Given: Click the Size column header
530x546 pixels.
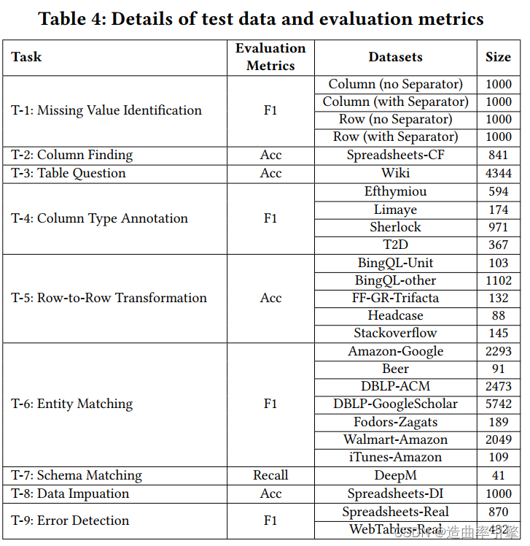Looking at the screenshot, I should pyautogui.click(x=499, y=57).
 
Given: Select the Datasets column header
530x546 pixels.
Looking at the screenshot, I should pyautogui.click(x=395, y=57).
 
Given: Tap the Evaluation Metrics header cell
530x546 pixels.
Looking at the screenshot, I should pyautogui.click(x=270, y=57).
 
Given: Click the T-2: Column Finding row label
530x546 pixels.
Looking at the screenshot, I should pyautogui.click(x=72, y=155).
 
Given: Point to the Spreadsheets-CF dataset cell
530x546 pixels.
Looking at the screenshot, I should pyautogui.click(x=395, y=155).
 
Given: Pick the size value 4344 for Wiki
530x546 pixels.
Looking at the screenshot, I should pyautogui.click(x=499, y=173).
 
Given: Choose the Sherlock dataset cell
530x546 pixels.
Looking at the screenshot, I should pyautogui.click(x=395, y=227).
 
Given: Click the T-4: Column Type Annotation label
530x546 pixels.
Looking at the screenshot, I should pyautogui.click(x=99, y=218).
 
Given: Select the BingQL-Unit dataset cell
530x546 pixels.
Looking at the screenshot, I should pyautogui.click(x=395, y=263).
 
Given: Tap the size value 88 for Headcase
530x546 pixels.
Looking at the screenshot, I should pyautogui.click(x=499, y=315).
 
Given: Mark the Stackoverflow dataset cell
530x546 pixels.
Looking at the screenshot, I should pyautogui.click(x=395, y=333).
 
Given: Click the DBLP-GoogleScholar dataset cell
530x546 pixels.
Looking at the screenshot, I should pyautogui.click(x=395, y=404).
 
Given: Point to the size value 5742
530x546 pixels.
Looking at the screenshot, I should pyautogui.click(x=499, y=404).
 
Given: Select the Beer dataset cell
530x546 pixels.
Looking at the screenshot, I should pyautogui.click(x=395, y=369).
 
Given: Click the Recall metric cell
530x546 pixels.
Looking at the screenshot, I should pyautogui.click(x=270, y=475).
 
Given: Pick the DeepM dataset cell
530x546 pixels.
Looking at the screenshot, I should pyautogui.click(x=395, y=475).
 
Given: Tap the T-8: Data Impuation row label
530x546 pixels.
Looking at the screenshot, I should pyautogui.click(x=70, y=493).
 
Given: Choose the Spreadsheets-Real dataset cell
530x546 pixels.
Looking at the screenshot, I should pyautogui.click(x=395, y=512).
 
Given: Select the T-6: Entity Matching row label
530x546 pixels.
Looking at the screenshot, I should pyautogui.click(x=72, y=404).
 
